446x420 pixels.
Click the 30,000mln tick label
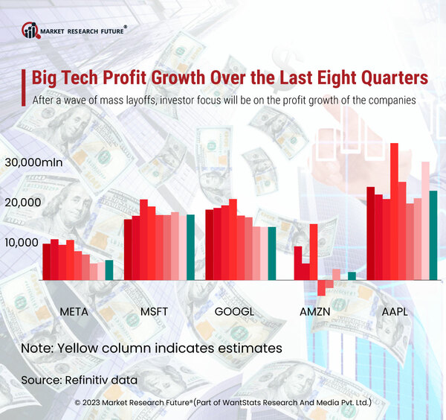tap(33, 162)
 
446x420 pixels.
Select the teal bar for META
tap(109, 270)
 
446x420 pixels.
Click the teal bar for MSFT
tap(190, 246)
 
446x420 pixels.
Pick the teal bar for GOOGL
tap(271, 252)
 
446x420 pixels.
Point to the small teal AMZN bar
tap(352, 276)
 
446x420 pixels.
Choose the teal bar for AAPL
tap(433, 235)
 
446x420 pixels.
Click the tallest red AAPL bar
tap(395, 211)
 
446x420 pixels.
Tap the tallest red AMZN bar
tap(314, 251)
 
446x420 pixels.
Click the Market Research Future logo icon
tap(30, 31)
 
